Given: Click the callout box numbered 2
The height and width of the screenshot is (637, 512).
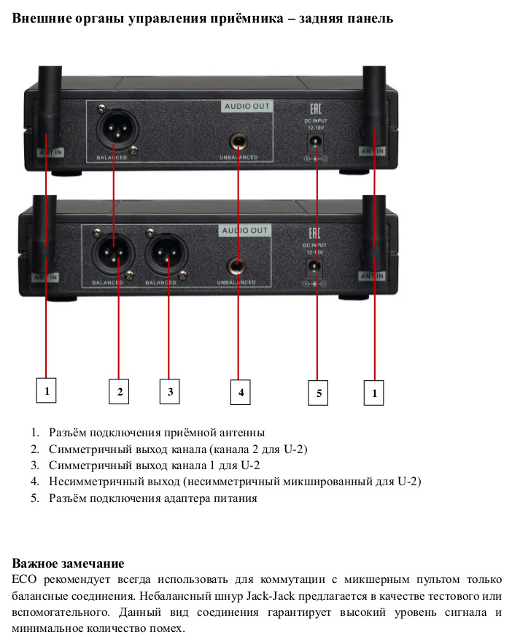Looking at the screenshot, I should (119, 391).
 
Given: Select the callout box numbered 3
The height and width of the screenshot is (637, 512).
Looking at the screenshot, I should (170, 391).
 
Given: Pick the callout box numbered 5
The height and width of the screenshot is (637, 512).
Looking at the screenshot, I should (318, 393).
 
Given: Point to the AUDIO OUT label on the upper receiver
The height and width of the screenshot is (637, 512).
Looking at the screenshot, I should (247, 107).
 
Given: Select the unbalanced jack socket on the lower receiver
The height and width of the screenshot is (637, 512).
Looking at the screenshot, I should (238, 266).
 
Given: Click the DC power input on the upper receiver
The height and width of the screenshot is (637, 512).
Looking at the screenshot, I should (316, 141).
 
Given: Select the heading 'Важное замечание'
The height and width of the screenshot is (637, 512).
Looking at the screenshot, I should (68, 564).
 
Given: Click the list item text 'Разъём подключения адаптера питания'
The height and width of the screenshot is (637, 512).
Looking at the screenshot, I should (153, 498).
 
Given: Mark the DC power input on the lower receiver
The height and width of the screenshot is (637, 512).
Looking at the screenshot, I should (316, 266).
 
